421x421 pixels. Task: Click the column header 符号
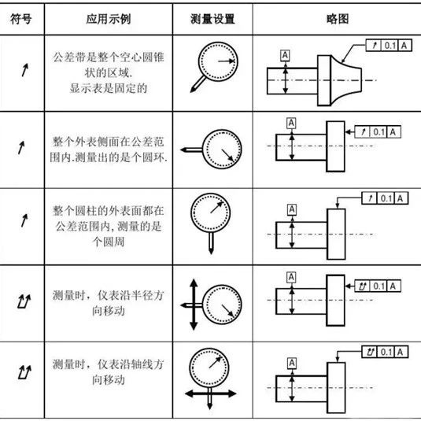click(21, 19)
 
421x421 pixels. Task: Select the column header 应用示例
click(109, 19)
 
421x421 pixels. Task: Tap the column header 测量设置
click(212, 19)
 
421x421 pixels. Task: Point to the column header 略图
click(338, 19)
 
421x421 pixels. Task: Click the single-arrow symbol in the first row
click(24, 70)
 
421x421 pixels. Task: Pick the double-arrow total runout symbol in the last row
click(24, 372)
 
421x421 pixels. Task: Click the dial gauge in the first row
click(218, 61)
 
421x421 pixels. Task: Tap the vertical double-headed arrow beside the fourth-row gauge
click(194, 305)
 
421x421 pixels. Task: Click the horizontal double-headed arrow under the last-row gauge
click(211, 394)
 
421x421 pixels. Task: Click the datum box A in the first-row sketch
click(285, 56)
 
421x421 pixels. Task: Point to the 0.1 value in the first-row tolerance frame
click(390, 46)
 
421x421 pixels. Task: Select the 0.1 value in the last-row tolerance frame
click(386, 352)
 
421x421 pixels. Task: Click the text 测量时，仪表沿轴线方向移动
click(109, 372)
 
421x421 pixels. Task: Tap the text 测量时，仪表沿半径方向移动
click(109, 303)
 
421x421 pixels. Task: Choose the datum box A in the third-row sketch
click(292, 209)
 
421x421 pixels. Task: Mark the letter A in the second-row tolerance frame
click(393, 132)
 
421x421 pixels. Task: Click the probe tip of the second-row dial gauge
click(182, 150)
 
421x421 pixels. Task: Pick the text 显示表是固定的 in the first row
click(109, 88)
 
